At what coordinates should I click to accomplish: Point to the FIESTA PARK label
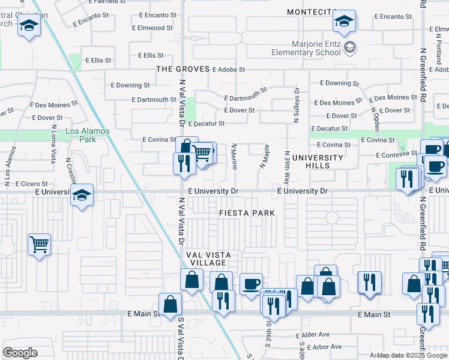coord(247,213)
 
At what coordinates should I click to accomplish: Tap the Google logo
coord(20,353)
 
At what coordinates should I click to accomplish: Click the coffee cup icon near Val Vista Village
coord(251,283)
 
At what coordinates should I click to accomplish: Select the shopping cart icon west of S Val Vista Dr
coord(39,244)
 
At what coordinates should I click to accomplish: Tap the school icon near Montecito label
coord(344,22)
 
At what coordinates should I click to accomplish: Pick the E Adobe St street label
coord(229,69)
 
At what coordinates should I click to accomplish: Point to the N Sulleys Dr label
coord(297,106)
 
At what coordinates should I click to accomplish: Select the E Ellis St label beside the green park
coord(99,61)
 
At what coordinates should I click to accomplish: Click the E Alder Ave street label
coord(313,334)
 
